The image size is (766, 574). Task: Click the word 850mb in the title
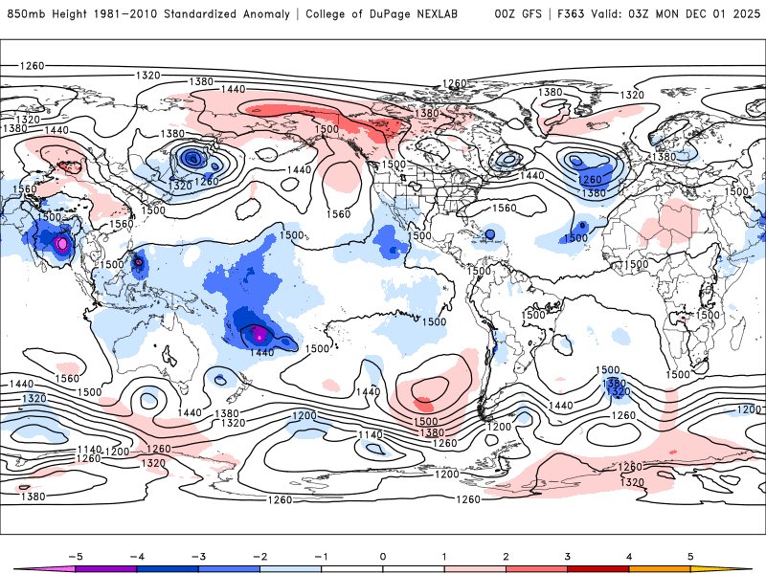coord(25,14)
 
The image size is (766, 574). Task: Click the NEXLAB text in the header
coord(431,14)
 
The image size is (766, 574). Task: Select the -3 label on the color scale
coord(197,555)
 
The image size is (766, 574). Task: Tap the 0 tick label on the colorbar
coord(382,555)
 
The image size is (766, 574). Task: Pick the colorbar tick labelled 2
coord(506,555)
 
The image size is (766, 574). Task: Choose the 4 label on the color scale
coord(629,555)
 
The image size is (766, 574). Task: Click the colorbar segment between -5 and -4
coord(105,569)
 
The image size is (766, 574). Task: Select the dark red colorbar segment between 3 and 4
coord(598,569)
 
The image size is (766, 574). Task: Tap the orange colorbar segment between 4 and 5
coord(660,569)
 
